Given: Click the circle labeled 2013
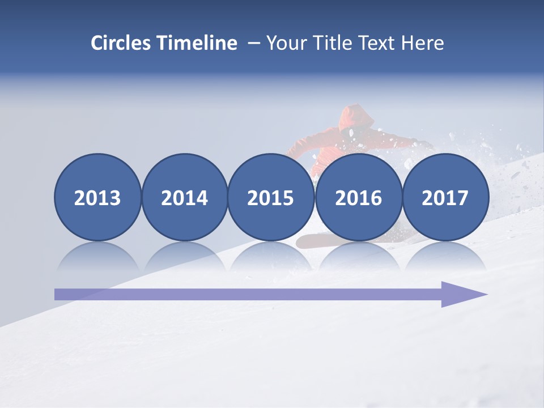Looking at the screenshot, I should (97, 197).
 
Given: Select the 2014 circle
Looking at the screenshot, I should (184, 197).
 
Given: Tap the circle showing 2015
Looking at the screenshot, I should (271, 197).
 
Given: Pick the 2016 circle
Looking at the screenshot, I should (358, 197).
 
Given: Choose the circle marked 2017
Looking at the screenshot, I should (445, 197).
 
